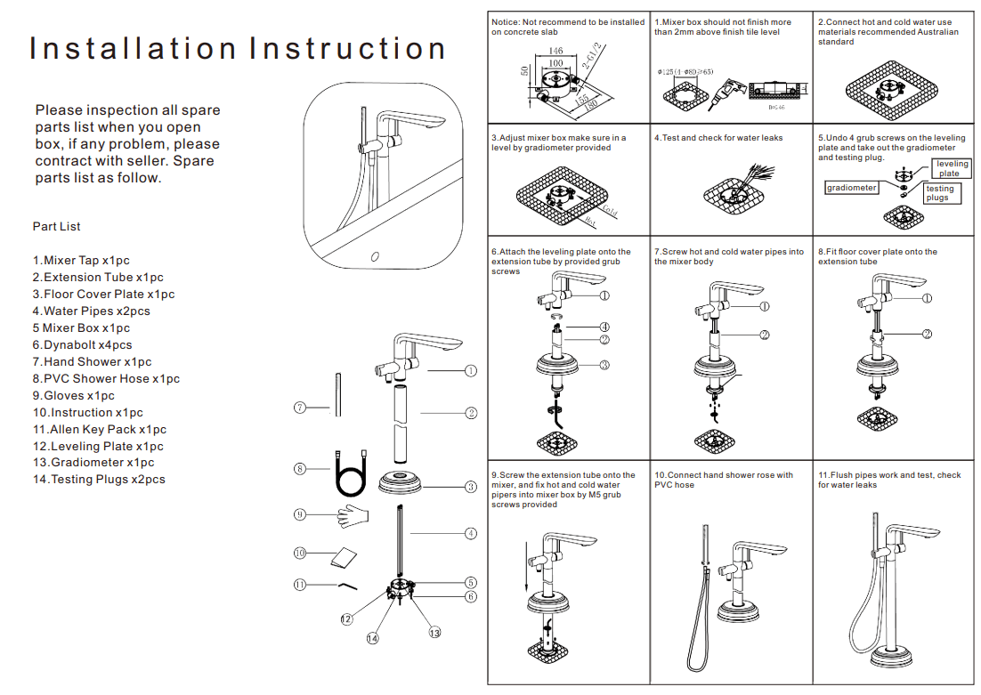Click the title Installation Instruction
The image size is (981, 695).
pyautogui.click(x=238, y=48)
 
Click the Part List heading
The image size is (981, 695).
pyautogui.click(x=57, y=227)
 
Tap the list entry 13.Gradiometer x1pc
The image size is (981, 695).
pyautogui.click(x=93, y=463)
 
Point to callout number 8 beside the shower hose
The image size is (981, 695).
pyautogui.click(x=300, y=469)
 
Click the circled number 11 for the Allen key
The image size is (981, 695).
pyautogui.click(x=300, y=585)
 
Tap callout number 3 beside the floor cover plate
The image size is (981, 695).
pyautogui.click(x=471, y=486)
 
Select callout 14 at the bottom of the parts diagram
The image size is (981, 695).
pyautogui.click(x=372, y=638)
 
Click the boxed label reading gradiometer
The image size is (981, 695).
pyautogui.click(x=852, y=188)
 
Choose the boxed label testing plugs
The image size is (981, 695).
pyautogui.click(x=938, y=193)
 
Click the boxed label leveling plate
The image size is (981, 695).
pyautogui.click(x=951, y=169)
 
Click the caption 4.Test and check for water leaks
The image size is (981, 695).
pyautogui.click(x=718, y=138)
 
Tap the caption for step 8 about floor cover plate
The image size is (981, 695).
pyautogui.click(x=877, y=257)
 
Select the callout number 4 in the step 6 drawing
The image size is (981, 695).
pyautogui.click(x=604, y=327)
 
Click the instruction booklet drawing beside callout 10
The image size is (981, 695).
pyautogui.click(x=343, y=557)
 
